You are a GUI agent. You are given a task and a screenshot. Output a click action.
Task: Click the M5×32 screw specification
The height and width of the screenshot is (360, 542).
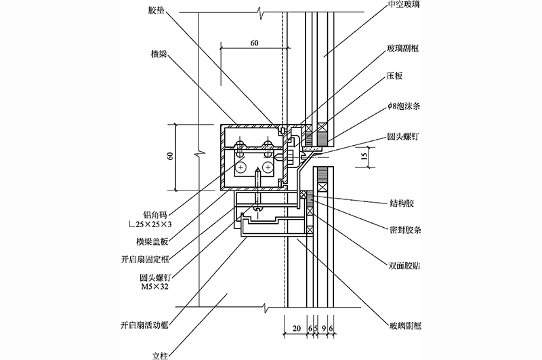pyautogui.click(x=153, y=287)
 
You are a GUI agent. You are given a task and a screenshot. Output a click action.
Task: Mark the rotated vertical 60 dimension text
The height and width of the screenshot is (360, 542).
pyautogui.click(x=170, y=157)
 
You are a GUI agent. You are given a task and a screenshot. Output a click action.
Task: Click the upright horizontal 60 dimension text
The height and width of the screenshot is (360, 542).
pyautogui.click(x=254, y=43)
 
